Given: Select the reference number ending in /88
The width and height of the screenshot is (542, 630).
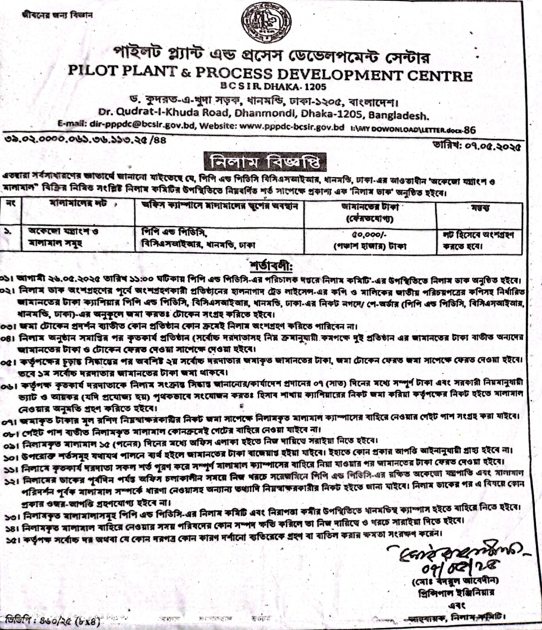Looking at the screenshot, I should coord(85,139).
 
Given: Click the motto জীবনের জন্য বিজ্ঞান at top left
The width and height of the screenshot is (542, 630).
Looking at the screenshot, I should coord(57,15).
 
